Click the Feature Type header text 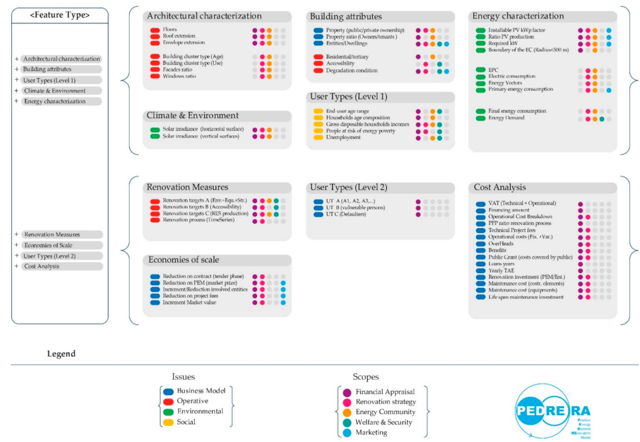pos(59,15)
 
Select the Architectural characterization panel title pos(204,16)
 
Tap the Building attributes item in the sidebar pos(47,69)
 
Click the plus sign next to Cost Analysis pos(16,266)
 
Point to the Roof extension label pos(179,36)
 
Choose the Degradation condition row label pos(352,70)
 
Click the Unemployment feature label pos(343,137)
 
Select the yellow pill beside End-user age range pos(318,111)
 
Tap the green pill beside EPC pos(481,70)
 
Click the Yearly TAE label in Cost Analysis pos(501,270)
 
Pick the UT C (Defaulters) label pos(346,214)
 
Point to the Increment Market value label pos(189,302)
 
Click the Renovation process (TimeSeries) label pos(198,220)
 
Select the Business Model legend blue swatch pos(168,392)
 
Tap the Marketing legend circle pos(347,433)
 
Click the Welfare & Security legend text pos(384,422)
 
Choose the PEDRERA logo pos(552,411)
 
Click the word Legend pos(61,354)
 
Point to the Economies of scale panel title pos(184,260)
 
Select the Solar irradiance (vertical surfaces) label pos(201,136)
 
